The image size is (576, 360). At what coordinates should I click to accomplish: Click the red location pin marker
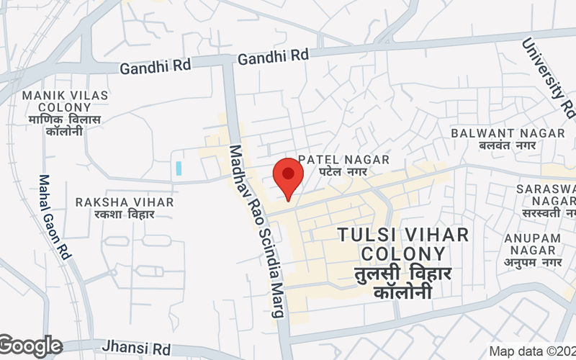(x=288, y=176)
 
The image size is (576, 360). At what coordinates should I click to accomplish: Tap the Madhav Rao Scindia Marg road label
(x=256, y=230)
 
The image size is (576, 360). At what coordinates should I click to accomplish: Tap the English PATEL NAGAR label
(x=343, y=159)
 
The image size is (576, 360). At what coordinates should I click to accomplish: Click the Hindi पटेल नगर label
(x=343, y=172)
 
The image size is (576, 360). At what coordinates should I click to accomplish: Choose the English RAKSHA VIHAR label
(x=125, y=202)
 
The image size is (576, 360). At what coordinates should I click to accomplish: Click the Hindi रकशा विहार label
(x=125, y=215)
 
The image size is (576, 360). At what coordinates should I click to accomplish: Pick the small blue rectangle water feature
(x=178, y=168)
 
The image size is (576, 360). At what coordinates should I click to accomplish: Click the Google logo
(x=30, y=346)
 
